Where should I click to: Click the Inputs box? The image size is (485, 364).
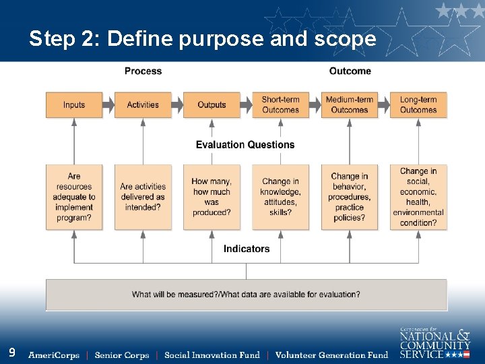tap(74, 105)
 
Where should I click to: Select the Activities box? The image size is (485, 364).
tap(143, 105)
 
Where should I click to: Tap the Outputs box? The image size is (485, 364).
tap(212, 105)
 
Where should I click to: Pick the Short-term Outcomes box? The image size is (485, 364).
tap(280, 105)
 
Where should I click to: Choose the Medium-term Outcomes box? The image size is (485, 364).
tap(349, 105)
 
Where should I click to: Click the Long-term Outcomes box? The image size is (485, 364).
tap(418, 105)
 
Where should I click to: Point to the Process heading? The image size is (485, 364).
tap(143, 71)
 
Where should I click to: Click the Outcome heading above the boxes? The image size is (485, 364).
tap(350, 71)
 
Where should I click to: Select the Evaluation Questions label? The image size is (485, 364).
tap(245, 144)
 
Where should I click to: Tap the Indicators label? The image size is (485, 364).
tap(247, 249)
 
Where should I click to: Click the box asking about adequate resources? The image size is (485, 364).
tap(74, 197)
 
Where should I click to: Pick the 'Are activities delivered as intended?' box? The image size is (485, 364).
tap(143, 197)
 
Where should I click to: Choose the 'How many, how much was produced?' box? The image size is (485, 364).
tap(212, 197)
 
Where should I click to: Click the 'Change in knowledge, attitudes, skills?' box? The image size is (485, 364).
tap(280, 197)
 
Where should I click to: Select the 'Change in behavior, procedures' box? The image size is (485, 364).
tap(349, 197)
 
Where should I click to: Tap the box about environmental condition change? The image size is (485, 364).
tap(418, 197)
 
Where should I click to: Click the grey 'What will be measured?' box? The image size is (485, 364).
tap(246, 295)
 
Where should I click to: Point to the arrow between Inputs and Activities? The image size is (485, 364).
tap(108, 105)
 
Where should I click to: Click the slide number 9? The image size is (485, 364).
tap(12, 352)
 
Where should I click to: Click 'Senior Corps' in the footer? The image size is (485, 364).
tap(121, 355)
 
